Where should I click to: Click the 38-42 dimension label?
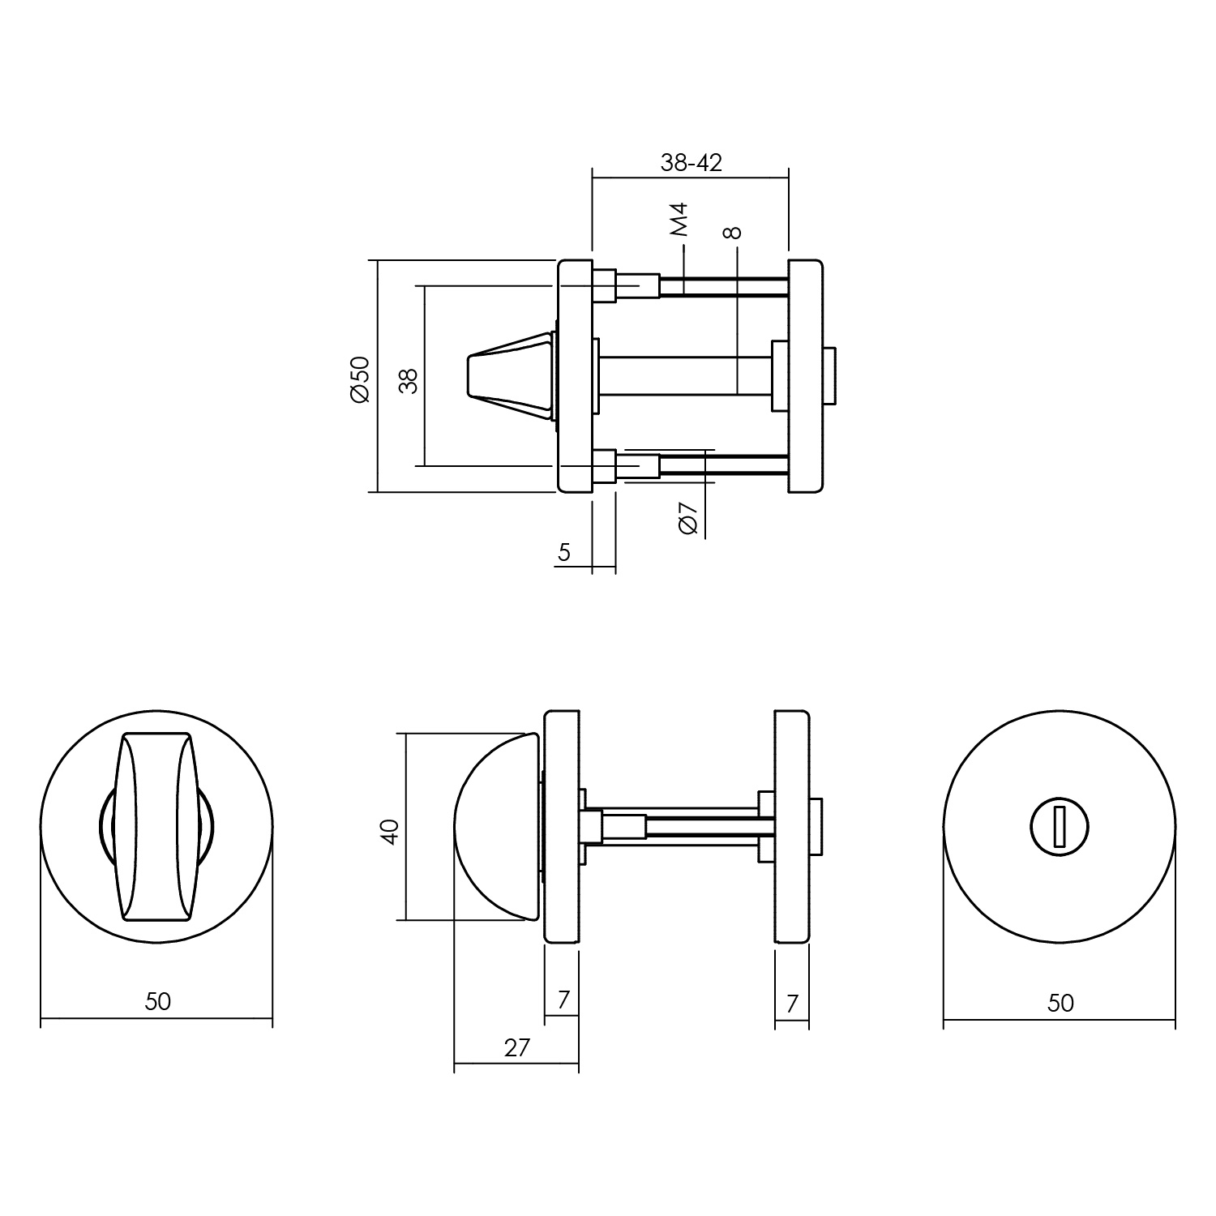[691, 163]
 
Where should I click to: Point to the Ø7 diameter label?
[687, 518]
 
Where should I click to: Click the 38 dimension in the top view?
[410, 380]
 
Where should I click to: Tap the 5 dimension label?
[564, 552]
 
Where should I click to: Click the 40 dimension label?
[391, 832]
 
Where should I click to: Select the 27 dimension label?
[516, 1048]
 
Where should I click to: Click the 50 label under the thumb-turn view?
[158, 1001]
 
